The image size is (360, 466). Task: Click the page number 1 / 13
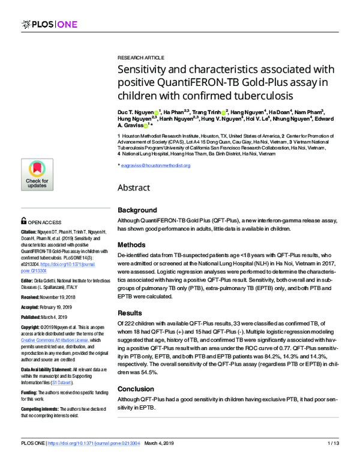click(334, 459)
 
